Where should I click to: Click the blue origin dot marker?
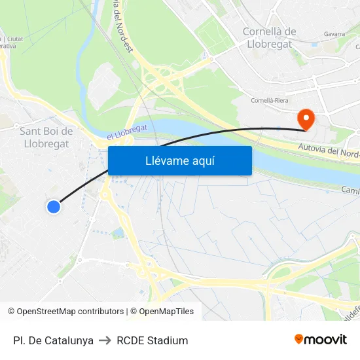tap(54, 207)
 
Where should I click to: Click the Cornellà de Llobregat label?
tap(269, 37)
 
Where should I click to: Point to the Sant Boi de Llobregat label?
tap(45, 137)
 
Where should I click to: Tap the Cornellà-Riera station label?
tap(270, 101)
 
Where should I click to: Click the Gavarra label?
tap(334, 33)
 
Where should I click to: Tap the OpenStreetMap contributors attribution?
tap(65, 312)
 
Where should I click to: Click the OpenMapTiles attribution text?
tap(162, 312)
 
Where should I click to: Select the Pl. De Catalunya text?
tap(53, 340)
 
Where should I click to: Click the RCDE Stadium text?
tap(152, 340)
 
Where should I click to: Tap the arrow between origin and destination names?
tap(105, 340)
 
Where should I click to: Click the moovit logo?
tap(320, 339)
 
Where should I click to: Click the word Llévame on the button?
tap(164, 161)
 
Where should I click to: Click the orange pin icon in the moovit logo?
tap(299, 339)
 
